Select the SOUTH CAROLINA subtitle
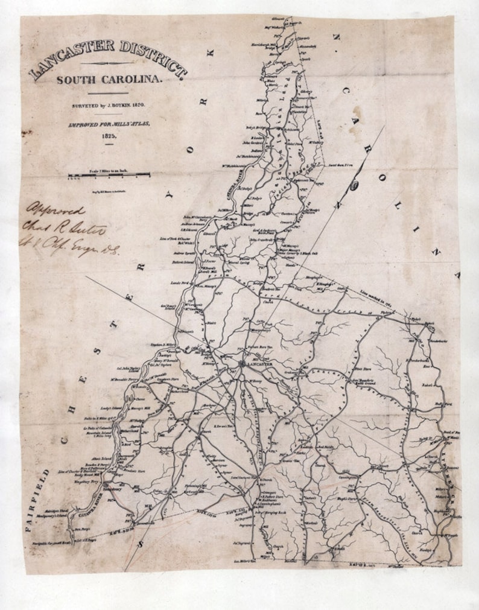(109, 80)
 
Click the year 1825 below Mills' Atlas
(109, 136)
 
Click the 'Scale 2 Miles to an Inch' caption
(109, 171)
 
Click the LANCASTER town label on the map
(259, 365)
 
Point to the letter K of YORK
(211, 53)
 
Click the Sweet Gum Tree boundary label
(339, 165)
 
